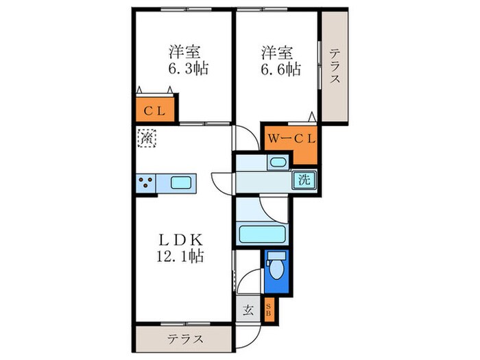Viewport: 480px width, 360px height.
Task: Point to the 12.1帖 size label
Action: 180,256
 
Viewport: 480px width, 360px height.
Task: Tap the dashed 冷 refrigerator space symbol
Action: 146,138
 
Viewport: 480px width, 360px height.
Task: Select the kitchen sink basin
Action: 181,182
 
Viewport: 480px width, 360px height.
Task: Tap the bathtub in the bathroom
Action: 264,234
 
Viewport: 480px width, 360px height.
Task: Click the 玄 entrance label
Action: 248,310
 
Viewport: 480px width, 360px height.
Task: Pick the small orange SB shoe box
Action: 269,310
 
